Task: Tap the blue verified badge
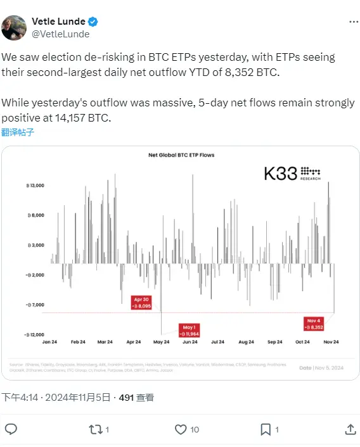click(x=93, y=22)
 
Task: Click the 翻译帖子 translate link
click(x=17, y=132)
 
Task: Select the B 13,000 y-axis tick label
click(x=34, y=186)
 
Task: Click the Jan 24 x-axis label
click(x=51, y=342)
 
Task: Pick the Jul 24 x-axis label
click(x=218, y=342)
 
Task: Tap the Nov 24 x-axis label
click(x=331, y=342)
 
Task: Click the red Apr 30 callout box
click(x=141, y=302)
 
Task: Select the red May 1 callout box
click(x=189, y=329)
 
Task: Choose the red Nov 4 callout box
click(x=315, y=324)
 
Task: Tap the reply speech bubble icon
click(x=11, y=429)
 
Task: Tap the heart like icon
click(x=180, y=429)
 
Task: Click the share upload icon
click(x=348, y=429)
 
